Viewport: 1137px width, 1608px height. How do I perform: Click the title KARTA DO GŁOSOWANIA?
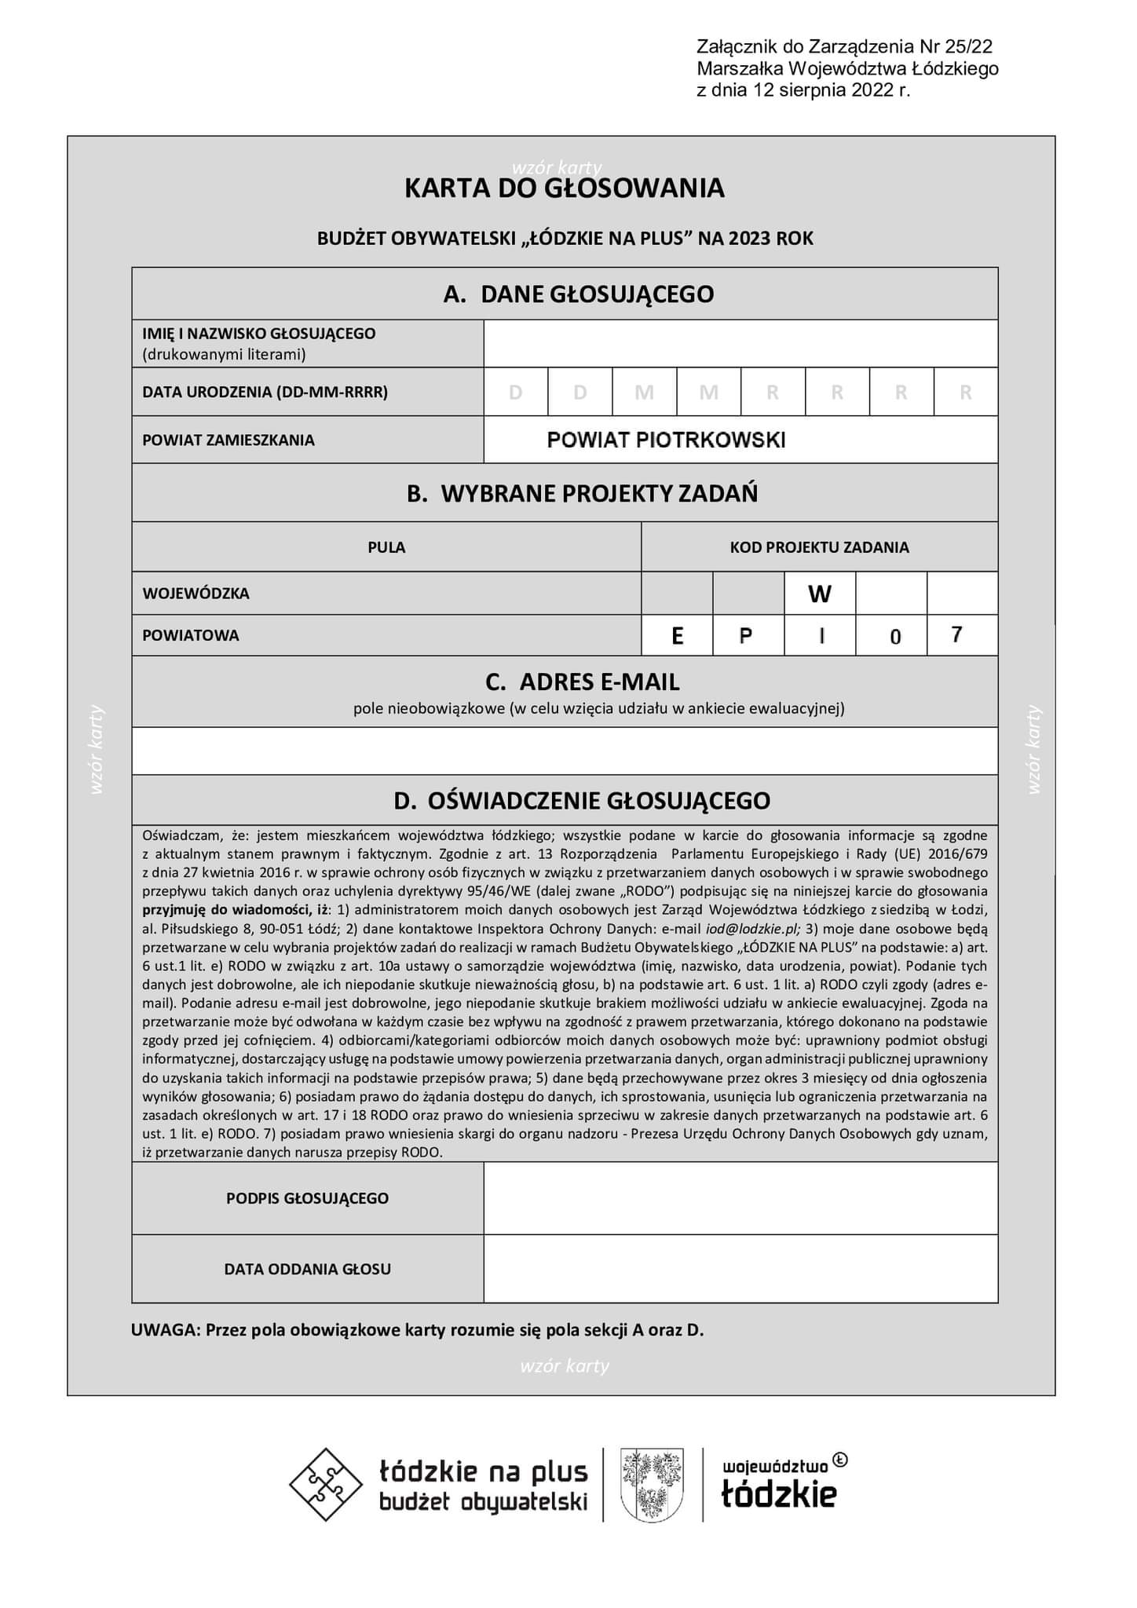click(x=564, y=188)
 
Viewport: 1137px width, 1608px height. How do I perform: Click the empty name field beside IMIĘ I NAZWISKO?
click(x=740, y=344)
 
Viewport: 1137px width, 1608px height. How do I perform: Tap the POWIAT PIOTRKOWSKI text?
click(x=666, y=440)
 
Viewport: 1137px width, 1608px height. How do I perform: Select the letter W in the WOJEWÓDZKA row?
click(x=819, y=594)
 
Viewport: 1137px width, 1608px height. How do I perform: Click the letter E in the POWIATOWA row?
click(x=677, y=636)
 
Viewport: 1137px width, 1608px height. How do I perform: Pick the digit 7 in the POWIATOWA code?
click(x=956, y=634)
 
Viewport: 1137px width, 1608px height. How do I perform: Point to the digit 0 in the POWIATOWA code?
click(x=895, y=637)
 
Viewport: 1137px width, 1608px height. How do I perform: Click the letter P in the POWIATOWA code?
click(x=746, y=636)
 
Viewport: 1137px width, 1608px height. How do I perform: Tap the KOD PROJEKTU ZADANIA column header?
click(x=819, y=547)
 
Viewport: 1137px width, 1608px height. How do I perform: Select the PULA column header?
click(x=386, y=547)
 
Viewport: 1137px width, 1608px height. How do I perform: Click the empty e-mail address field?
click(x=564, y=751)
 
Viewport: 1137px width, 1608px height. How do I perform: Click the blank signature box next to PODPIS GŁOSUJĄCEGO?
click(x=740, y=1198)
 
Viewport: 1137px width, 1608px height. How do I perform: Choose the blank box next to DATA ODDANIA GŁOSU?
click(x=740, y=1269)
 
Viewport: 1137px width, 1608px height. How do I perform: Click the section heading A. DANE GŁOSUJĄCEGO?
click(x=579, y=294)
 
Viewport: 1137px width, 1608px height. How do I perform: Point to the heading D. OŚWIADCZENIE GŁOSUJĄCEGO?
click(x=582, y=801)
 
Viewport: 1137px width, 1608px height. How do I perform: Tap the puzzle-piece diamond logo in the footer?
click(x=327, y=1484)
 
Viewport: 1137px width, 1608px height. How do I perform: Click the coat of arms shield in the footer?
click(x=652, y=1484)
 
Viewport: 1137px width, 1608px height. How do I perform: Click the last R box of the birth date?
click(x=966, y=392)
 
